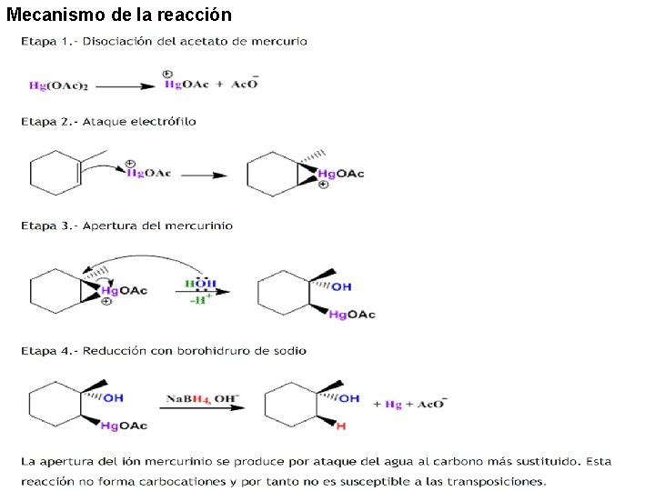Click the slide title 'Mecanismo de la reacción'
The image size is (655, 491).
pos(119,15)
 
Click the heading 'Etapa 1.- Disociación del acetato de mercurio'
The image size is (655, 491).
pos(165,42)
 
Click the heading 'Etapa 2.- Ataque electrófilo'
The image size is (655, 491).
pos(108,122)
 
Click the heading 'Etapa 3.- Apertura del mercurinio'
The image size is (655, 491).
pos(127,225)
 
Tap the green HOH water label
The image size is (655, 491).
pos(201,284)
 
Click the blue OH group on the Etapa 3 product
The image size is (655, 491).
pos(340,287)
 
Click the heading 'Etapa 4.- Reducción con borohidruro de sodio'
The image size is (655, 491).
pos(164,351)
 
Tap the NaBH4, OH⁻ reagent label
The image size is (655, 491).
pos(201,398)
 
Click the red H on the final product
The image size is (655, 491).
pos(341,426)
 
